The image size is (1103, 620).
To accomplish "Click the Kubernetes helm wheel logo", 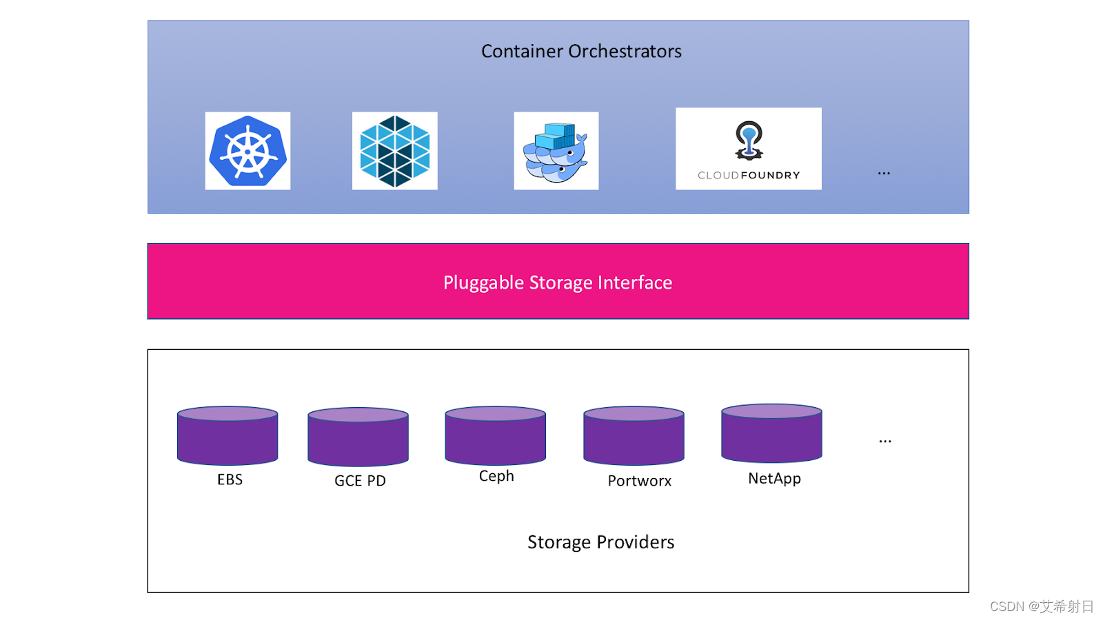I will click(247, 151).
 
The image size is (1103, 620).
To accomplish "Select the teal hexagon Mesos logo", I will click(394, 151).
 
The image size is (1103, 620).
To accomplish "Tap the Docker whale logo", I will click(556, 151).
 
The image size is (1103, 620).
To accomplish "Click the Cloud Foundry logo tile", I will click(748, 149).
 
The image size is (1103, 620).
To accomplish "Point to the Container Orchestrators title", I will click(581, 51).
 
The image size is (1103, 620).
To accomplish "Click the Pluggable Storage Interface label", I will click(557, 282).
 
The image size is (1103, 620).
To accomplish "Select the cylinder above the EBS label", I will click(227, 435).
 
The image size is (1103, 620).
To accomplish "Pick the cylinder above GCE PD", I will click(358, 437).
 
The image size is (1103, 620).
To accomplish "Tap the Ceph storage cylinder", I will click(495, 435).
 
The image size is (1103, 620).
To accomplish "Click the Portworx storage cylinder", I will click(634, 435).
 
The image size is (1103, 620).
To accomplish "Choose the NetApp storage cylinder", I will click(771, 433).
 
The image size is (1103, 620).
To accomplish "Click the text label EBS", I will click(230, 479).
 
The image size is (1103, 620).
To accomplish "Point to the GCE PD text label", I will click(360, 481).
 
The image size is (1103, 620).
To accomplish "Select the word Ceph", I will click(496, 476).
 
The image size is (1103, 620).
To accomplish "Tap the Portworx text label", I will click(639, 481).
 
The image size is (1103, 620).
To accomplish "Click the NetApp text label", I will click(774, 478).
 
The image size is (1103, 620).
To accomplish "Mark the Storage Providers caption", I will click(600, 542).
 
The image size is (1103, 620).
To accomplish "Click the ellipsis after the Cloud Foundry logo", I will click(884, 173).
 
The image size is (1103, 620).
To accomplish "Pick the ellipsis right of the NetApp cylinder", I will click(885, 441).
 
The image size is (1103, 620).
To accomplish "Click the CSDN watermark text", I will click(1041, 606).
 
